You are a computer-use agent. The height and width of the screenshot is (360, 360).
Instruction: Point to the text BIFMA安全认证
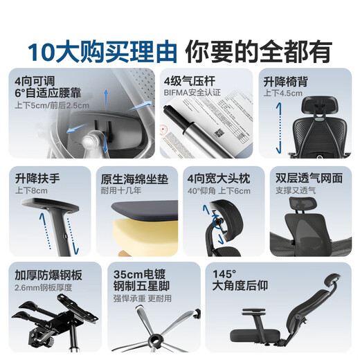(x=192, y=91)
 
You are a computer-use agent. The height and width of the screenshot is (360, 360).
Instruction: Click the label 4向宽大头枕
(x=219, y=178)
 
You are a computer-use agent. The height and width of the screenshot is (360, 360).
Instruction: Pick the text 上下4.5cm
(x=282, y=92)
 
